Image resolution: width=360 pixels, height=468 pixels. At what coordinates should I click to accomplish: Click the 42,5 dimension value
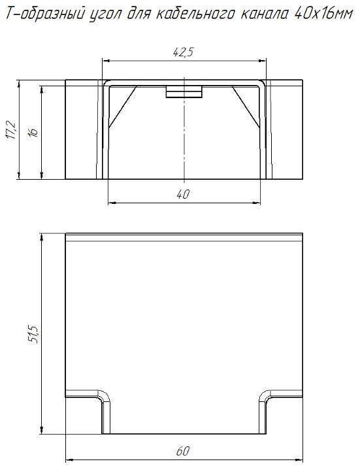(x=183, y=52)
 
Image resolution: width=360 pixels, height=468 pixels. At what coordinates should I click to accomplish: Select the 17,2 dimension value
(x=12, y=129)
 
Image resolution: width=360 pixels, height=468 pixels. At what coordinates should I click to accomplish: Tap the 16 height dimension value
(x=33, y=131)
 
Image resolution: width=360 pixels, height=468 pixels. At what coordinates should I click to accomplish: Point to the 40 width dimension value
(x=183, y=195)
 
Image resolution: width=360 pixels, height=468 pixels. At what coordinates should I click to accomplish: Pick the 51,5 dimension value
(x=33, y=334)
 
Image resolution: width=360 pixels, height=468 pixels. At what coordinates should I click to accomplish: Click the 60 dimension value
(x=182, y=451)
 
